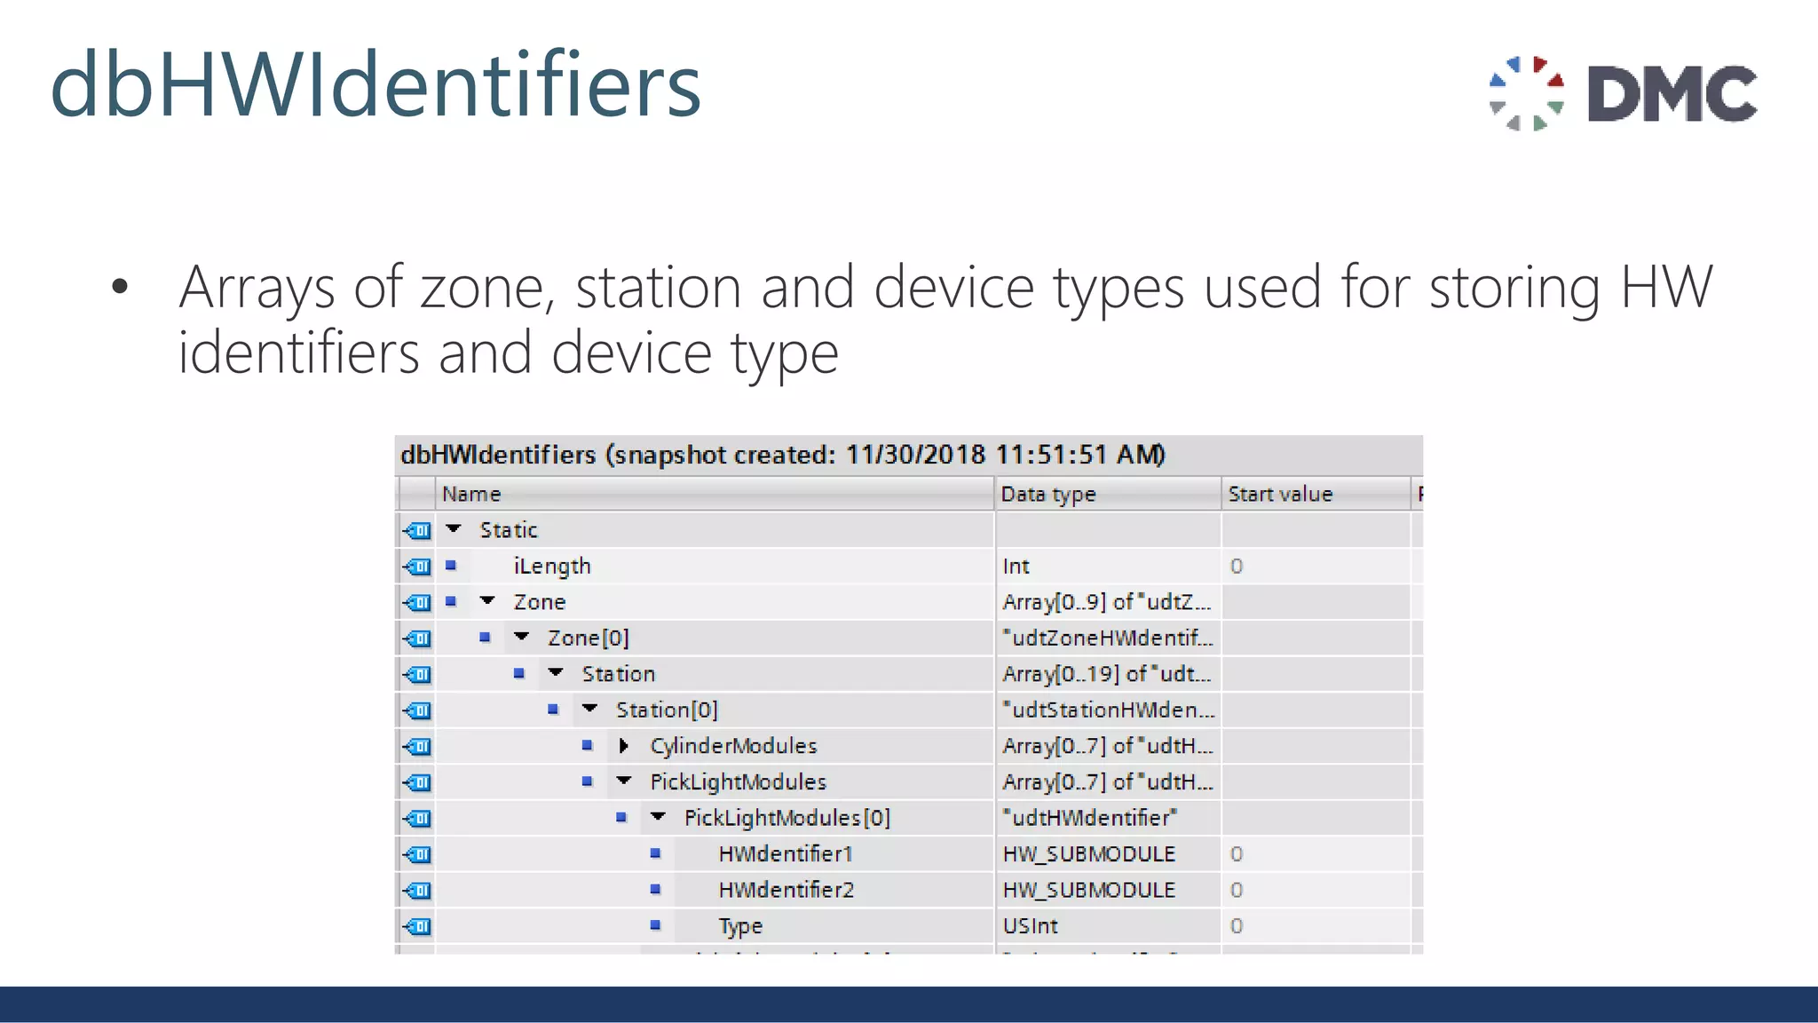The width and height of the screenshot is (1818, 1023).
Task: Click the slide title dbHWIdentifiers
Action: click(x=375, y=85)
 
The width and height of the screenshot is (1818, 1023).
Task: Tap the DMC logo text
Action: click(x=1672, y=93)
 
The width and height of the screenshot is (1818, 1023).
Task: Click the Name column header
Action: click(x=471, y=494)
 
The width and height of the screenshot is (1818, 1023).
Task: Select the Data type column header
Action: click(x=1048, y=494)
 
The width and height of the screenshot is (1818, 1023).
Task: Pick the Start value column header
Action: click(x=1280, y=494)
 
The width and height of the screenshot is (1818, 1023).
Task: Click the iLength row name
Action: click(x=551, y=566)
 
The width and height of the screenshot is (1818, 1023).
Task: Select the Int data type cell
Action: click(x=1016, y=566)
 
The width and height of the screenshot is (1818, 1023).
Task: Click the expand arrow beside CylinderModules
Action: click(x=623, y=746)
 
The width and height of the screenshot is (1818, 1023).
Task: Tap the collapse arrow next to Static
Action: click(x=454, y=529)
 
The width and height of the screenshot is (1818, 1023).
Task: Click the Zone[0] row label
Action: click(x=588, y=638)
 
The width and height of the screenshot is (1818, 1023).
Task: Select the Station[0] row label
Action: click(x=667, y=710)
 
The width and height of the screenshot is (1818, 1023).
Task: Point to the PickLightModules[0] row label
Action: click(x=786, y=818)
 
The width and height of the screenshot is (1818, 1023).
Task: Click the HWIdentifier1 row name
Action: click(x=786, y=853)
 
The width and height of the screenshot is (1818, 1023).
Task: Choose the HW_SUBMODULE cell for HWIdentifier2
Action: click(x=1089, y=890)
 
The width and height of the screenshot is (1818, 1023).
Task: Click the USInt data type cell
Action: click(x=1031, y=925)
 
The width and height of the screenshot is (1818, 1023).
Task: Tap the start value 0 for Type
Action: click(x=1237, y=925)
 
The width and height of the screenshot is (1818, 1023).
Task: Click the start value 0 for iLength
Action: click(x=1237, y=566)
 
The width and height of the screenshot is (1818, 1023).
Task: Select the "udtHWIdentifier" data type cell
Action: click(x=1090, y=818)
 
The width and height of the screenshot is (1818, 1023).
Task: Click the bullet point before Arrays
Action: click(x=120, y=287)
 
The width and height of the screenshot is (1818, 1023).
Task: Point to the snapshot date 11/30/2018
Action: click(x=915, y=455)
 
